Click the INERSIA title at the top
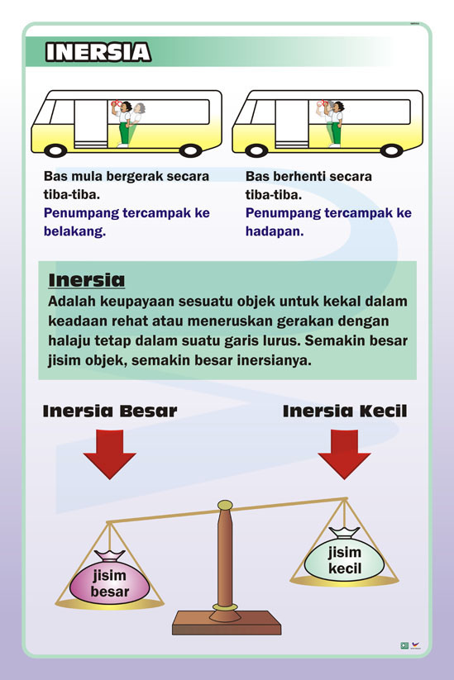[98, 52]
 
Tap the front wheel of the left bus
[55, 150]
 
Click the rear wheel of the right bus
[391, 150]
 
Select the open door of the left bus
[90, 124]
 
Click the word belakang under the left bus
[74, 231]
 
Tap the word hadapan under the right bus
[275, 231]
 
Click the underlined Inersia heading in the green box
[86, 280]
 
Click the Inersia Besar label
[110, 411]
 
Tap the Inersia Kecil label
[345, 411]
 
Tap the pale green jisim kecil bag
[344, 556]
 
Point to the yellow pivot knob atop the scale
[225, 505]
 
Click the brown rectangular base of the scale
[227, 623]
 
